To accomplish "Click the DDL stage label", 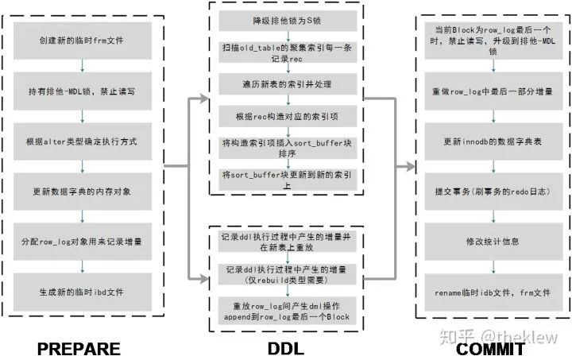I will (x=286, y=348).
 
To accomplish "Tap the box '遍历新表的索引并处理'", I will (x=287, y=83).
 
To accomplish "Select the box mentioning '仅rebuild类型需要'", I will (x=287, y=274).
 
